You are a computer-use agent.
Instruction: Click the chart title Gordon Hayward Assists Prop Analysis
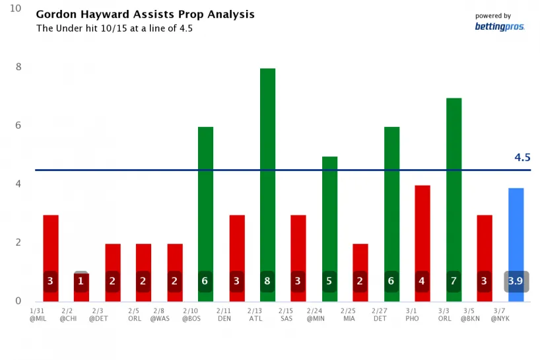pos(145,15)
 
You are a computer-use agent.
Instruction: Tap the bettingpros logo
pos(500,26)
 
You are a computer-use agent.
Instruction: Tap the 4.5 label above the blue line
pos(522,157)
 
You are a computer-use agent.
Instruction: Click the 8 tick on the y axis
pos(18,67)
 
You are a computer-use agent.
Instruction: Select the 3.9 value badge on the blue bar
pos(516,281)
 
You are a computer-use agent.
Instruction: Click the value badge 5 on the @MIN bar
pos(329,281)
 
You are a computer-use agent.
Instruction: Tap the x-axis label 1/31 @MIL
pos(38,314)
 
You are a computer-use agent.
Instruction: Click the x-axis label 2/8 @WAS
pos(159,314)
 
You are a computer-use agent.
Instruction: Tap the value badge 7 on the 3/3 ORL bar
pos(454,281)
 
